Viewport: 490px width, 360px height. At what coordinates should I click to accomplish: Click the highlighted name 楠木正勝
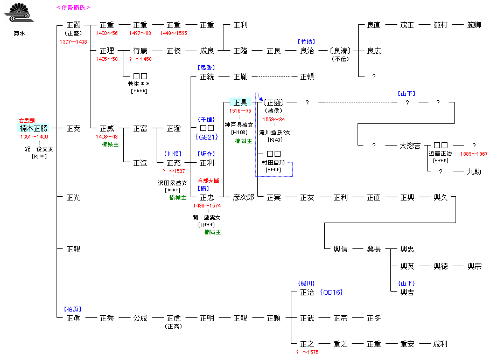[33, 128]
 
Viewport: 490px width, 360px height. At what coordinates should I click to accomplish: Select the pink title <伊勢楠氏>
[73, 8]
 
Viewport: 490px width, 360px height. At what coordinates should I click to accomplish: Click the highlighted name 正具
[240, 102]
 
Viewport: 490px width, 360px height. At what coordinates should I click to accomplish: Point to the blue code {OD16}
[331, 292]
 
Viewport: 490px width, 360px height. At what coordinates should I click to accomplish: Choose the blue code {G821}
[207, 137]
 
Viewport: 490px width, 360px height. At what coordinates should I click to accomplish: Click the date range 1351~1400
[34, 137]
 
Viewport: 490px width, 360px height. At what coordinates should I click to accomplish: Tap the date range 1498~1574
[207, 206]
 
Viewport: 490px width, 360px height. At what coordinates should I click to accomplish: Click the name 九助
[474, 171]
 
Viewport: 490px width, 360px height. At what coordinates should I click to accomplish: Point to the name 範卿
[474, 25]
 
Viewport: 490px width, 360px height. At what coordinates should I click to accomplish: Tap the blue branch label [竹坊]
[306, 41]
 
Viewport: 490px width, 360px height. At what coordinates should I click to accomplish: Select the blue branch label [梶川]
[306, 283]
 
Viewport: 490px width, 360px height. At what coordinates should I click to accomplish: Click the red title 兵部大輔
[207, 181]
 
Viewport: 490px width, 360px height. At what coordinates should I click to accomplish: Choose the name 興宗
[474, 266]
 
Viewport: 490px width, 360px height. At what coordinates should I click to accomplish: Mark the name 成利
[441, 344]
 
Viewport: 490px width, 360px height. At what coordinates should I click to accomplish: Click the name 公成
[140, 318]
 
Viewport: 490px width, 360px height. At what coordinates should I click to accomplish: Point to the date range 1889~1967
[474, 154]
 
